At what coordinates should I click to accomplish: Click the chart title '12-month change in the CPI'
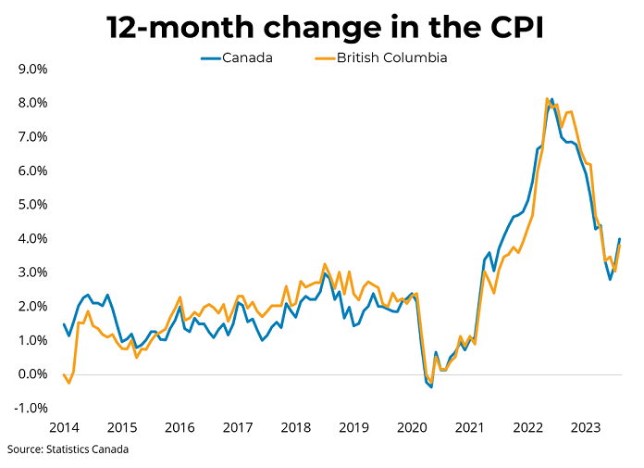[x=323, y=27]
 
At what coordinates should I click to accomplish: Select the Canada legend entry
[x=237, y=57]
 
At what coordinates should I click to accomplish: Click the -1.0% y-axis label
[x=31, y=408]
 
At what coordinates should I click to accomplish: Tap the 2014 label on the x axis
[x=64, y=427]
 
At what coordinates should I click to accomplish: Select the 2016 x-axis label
[x=180, y=427]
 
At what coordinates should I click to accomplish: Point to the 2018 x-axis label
[x=295, y=427]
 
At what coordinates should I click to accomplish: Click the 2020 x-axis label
[x=411, y=427]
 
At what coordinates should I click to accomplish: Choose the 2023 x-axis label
[x=585, y=427]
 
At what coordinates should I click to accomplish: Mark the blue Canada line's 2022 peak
[x=552, y=99]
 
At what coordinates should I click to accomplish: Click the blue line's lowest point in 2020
[x=431, y=386]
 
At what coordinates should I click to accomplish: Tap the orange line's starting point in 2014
[x=64, y=374]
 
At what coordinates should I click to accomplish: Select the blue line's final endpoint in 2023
[x=619, y=239]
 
